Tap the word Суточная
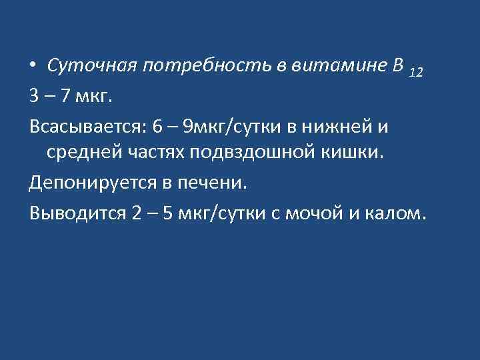click(89, 67)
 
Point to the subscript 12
click(415, 72)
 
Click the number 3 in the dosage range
click(33, 97)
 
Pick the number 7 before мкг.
click(64, 97)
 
